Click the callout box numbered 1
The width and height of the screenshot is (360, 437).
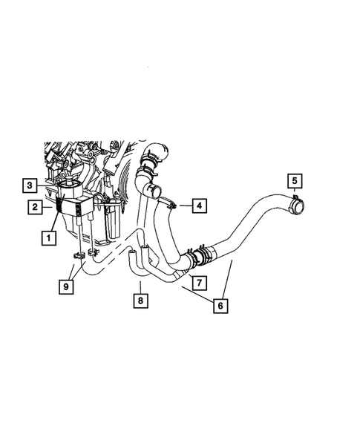(48, 239)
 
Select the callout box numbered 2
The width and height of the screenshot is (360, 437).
(35, 208)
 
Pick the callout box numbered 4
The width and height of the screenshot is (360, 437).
(198, 204)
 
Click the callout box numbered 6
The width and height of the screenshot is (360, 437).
(220, 305)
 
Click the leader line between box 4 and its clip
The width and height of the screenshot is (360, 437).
(183, 204)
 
